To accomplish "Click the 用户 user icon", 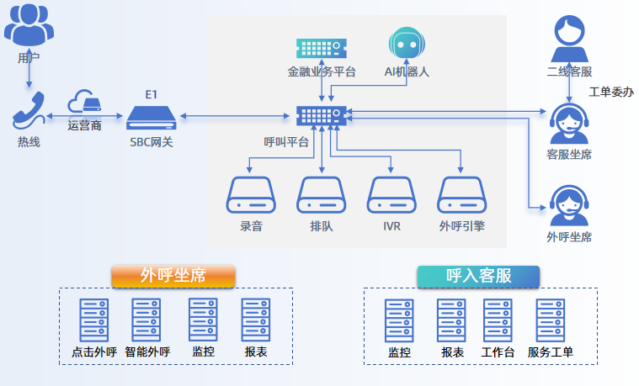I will pos(29,26).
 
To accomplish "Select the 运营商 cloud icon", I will pos(84,102).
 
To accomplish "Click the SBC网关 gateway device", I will pos(152,117).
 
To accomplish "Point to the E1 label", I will pos(151,94).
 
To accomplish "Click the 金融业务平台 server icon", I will pos(322,47).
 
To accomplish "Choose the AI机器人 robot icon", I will pos(407,45).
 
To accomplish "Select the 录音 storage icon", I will pos(250,195).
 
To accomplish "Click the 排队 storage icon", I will pos(321,195).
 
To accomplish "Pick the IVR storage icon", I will pos(390,195).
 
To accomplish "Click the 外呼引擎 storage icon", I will pos(461,195).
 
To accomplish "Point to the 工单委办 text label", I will pos(611,92).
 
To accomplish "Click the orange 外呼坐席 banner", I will pos(173,276).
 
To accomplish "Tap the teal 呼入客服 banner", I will pos(478,276).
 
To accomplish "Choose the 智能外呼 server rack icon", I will pos(146,320).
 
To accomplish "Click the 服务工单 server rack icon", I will pos(551,320).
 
